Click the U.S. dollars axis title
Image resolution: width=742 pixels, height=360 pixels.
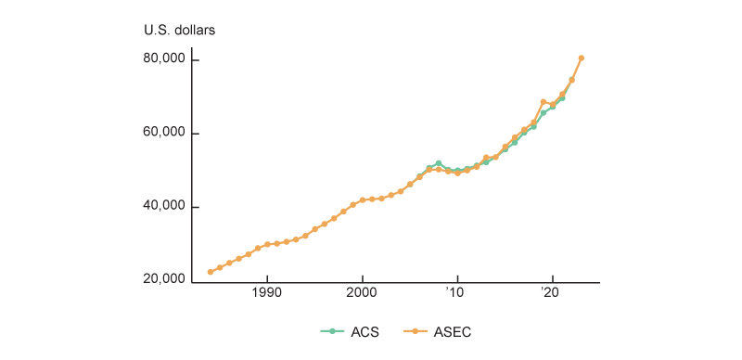(179, 30)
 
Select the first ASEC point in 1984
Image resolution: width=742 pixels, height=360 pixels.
(211, 272)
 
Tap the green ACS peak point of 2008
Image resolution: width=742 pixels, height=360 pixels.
(438, 163)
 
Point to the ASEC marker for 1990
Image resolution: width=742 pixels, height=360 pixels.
(267, 244)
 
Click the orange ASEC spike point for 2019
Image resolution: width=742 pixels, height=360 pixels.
(543, 102)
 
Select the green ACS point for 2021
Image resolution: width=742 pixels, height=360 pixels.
(562, 98)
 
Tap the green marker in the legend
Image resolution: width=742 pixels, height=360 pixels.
(326, 331)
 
